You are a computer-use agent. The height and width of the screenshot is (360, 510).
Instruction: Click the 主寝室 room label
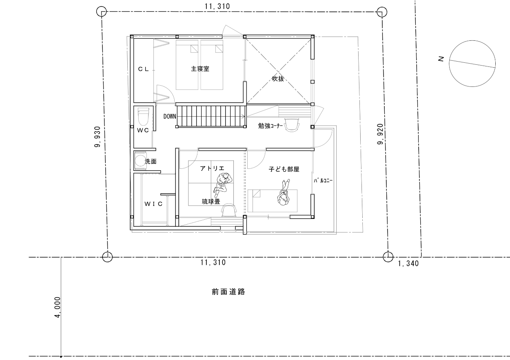pyautogui.click(x=200, y=69)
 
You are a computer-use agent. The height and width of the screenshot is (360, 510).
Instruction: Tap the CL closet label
pyautogui.click(x=144, y=69)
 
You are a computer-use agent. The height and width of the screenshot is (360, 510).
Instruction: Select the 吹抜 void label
pyautogui.click(x=278, y=79)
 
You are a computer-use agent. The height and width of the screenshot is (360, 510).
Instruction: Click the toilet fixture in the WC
pyautogui.click(x=143, y=117)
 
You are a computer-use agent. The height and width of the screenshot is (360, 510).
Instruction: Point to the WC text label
pyautogui.click(x=143, y=130)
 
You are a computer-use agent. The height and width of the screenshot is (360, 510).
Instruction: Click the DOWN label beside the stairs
pyautogui.click(x=170, y=117)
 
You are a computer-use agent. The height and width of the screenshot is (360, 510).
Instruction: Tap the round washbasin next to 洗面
pyautogui.click(x=140, y=160)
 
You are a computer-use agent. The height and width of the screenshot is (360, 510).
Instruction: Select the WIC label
pyautogui.click(x=153, y=204)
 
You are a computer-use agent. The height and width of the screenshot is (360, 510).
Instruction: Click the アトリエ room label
pyautogui.click(x=212, y=168)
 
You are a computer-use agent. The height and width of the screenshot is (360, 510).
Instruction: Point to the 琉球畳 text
pyautogui.click(x=211, y=201)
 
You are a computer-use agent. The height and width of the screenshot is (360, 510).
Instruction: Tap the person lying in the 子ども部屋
pyautogui.click(x=284, y=192)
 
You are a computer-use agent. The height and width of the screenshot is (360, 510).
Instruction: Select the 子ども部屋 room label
pyautogui.click(x=284, y=169)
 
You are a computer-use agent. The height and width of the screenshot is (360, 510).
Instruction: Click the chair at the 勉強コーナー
pyautogui.click(x=292, y=125)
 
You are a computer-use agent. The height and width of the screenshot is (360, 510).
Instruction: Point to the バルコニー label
pyautogui.click(x=323, y=181)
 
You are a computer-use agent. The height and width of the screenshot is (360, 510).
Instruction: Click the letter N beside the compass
pyautogui.click(x=441, y=59)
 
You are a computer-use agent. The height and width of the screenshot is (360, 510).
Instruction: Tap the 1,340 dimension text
pyautogui.click(x=408, y=263)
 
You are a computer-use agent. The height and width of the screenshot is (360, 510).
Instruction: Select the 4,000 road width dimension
pyautogui.click(x=58, y=307)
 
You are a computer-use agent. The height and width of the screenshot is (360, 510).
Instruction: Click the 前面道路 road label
pyautogui.click(x=228, y=292)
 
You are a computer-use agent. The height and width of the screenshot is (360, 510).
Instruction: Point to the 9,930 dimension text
pyautogui.click(x=97, y=137)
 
